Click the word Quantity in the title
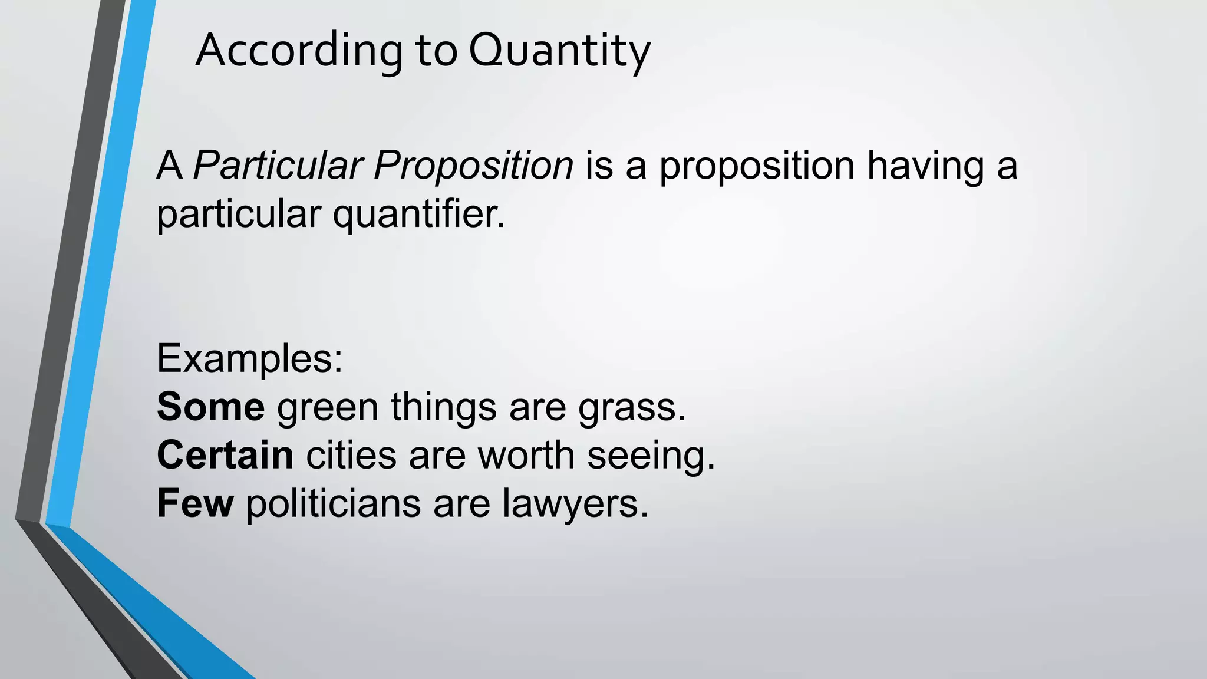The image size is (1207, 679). (x=559, y=51)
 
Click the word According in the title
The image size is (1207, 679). (x=299, y=51)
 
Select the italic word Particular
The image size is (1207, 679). (x=278, y=166)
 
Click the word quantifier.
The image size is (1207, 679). (x=419, y=214)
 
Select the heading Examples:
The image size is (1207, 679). (x=250, y=358)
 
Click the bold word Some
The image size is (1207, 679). (x=211, y=407)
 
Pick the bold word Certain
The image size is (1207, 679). (x=225, y=456)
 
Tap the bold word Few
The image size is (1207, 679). (x=196, y=504)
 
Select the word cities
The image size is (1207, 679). (x=351, y=456)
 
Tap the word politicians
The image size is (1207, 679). (x=333, y=504)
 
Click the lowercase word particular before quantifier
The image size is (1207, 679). (x=239, y=214)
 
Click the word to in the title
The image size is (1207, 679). (x=436, y=51)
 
